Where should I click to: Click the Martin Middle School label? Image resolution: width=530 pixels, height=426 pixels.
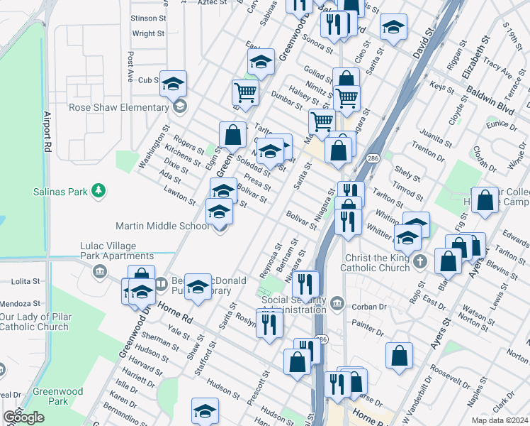coord(162,226)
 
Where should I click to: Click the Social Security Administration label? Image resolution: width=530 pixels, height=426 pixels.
coord(293,304)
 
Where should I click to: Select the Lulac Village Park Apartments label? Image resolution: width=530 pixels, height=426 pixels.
coord(117,251)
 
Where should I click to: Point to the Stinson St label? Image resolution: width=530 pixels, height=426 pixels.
coord(147,18)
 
